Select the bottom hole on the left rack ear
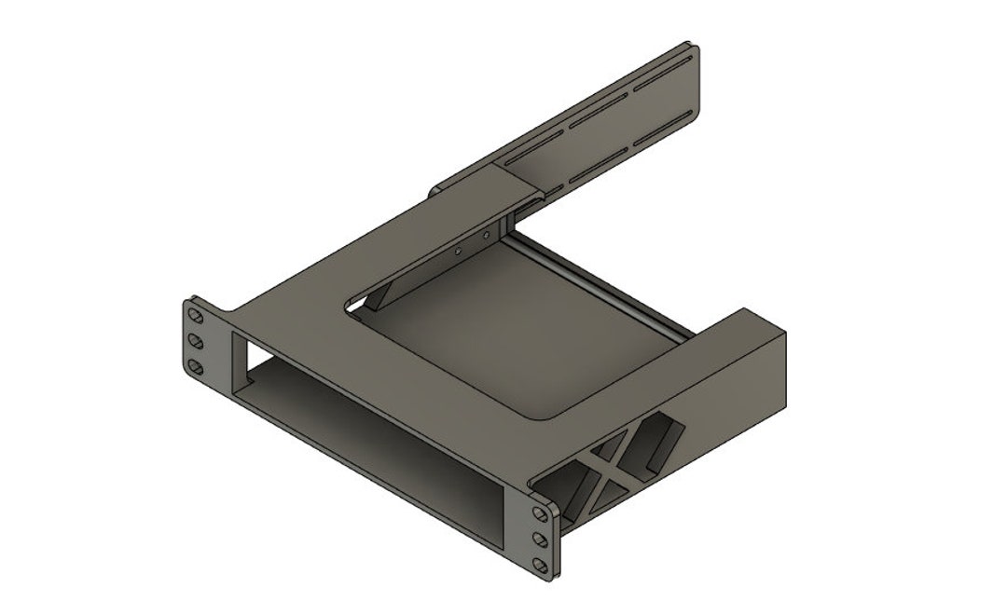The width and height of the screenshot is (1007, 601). pyautogui.click(x=197, y=366)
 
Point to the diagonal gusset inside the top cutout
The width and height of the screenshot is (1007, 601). pyautogui.click(x=379, y=296)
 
